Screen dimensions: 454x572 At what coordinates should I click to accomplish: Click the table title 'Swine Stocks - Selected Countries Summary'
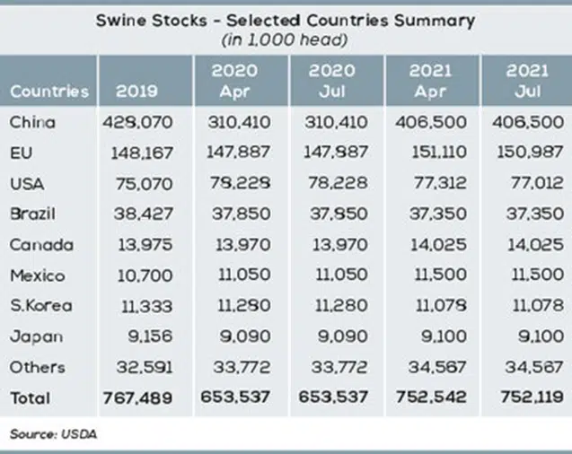[286, 19]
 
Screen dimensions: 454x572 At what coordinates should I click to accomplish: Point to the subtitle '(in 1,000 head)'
[286, 39]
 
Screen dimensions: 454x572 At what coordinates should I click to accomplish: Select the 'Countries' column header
[49, 91]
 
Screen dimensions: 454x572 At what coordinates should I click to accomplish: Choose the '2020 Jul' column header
[332, 80]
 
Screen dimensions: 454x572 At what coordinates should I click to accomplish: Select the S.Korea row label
[40, 305]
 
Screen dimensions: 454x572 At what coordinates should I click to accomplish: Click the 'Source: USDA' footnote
[53, 434]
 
